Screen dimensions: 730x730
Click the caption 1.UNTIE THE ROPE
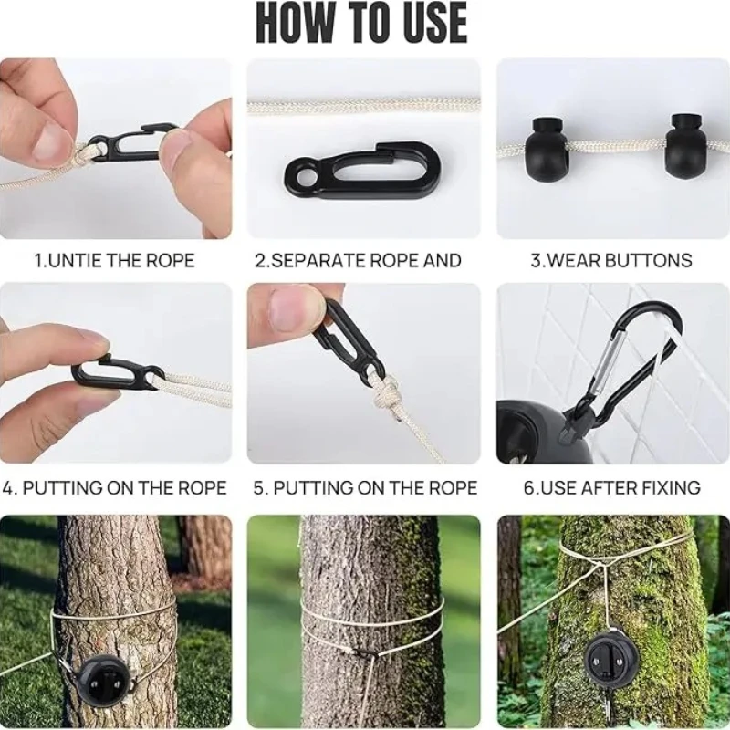pyautogui.click(x=114, y=261)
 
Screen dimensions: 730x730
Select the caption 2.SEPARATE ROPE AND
pyautogui.click(x=358, y=261)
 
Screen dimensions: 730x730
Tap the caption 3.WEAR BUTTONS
pyautogui.click(x=611, y=261)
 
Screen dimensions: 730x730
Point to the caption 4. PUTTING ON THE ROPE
pyautogui.click(x=114, y=488)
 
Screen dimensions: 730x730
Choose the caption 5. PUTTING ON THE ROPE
pyautogui.click(x=365, y=488)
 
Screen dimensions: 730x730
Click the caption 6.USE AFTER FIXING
pyautogui.click(x=611, y=488)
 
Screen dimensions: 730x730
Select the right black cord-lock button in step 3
pyautogui.click(x=686, y=141)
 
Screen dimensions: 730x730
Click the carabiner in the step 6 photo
pyautogui.click(x=630, y=356)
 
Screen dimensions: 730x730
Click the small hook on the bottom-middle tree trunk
pyautogui.click(x=365, y=652)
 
